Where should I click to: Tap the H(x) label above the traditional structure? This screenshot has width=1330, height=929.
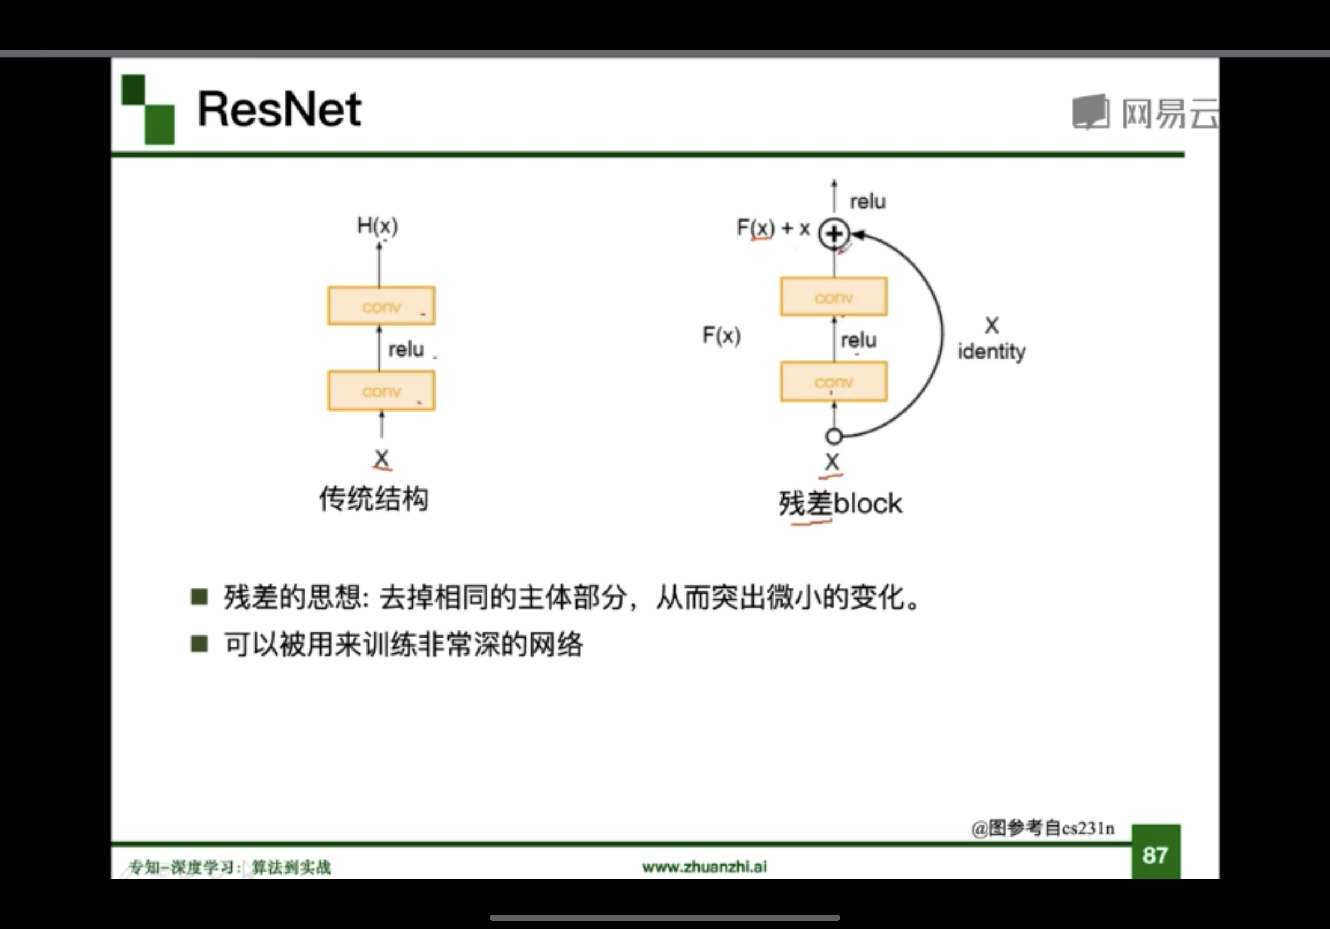(x=377, y=226)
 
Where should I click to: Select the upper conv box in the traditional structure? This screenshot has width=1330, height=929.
(x=381, y=306)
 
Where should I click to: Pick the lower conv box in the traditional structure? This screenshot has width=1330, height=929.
(x=381, y=391)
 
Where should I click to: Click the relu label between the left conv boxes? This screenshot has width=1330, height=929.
(x=406, y=349)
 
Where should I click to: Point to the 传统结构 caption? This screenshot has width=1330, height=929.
(x=374, y=498)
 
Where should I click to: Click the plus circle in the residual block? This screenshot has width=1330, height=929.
(x=834, y=234)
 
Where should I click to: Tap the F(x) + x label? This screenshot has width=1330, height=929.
(x=772, y=228)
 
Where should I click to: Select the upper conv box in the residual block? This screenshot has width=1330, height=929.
(x=834, y=297)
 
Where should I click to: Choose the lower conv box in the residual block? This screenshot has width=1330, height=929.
(x=834, y=382)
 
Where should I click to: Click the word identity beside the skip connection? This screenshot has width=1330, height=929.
(x=991, y=351)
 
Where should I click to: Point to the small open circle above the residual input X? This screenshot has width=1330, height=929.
(x=834, y=436)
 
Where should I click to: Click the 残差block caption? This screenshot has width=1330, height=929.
(x=840, y=503)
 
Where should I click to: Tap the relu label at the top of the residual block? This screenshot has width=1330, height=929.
(x=867, y=202)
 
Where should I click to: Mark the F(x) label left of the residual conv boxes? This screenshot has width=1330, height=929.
(x=721, y=335)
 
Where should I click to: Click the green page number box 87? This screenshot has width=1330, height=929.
(x=1155, y=854)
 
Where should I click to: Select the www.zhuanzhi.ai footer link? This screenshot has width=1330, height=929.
(x=705, y=867)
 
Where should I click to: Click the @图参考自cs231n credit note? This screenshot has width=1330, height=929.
(x=1043, y=828)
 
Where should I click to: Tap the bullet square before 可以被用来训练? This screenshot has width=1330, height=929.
(x=199, y=643)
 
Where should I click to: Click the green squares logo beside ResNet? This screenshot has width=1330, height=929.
(x=148, y=109)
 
